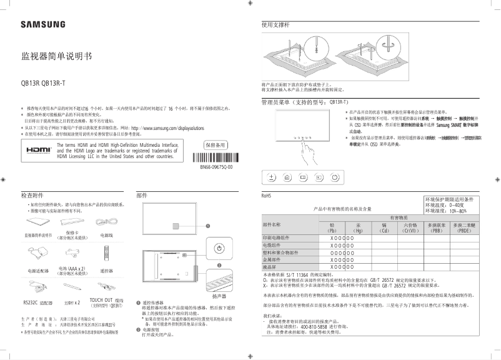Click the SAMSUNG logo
click(x=42, y=24)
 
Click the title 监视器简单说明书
click(x=56, y=56)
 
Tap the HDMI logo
click(x=38, y=151)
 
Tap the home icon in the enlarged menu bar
click(x=287, y=177)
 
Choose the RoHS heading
click(x=267, y=196)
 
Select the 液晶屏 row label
click(x=272, y=267)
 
